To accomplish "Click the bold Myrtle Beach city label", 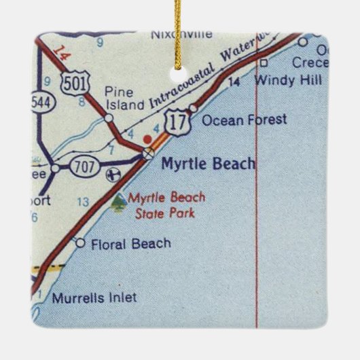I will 208,164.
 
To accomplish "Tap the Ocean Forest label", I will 244,120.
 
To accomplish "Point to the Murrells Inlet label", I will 94,298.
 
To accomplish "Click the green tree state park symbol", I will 119,202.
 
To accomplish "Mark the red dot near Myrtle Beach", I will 148,139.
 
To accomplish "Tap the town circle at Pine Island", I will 109,118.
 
